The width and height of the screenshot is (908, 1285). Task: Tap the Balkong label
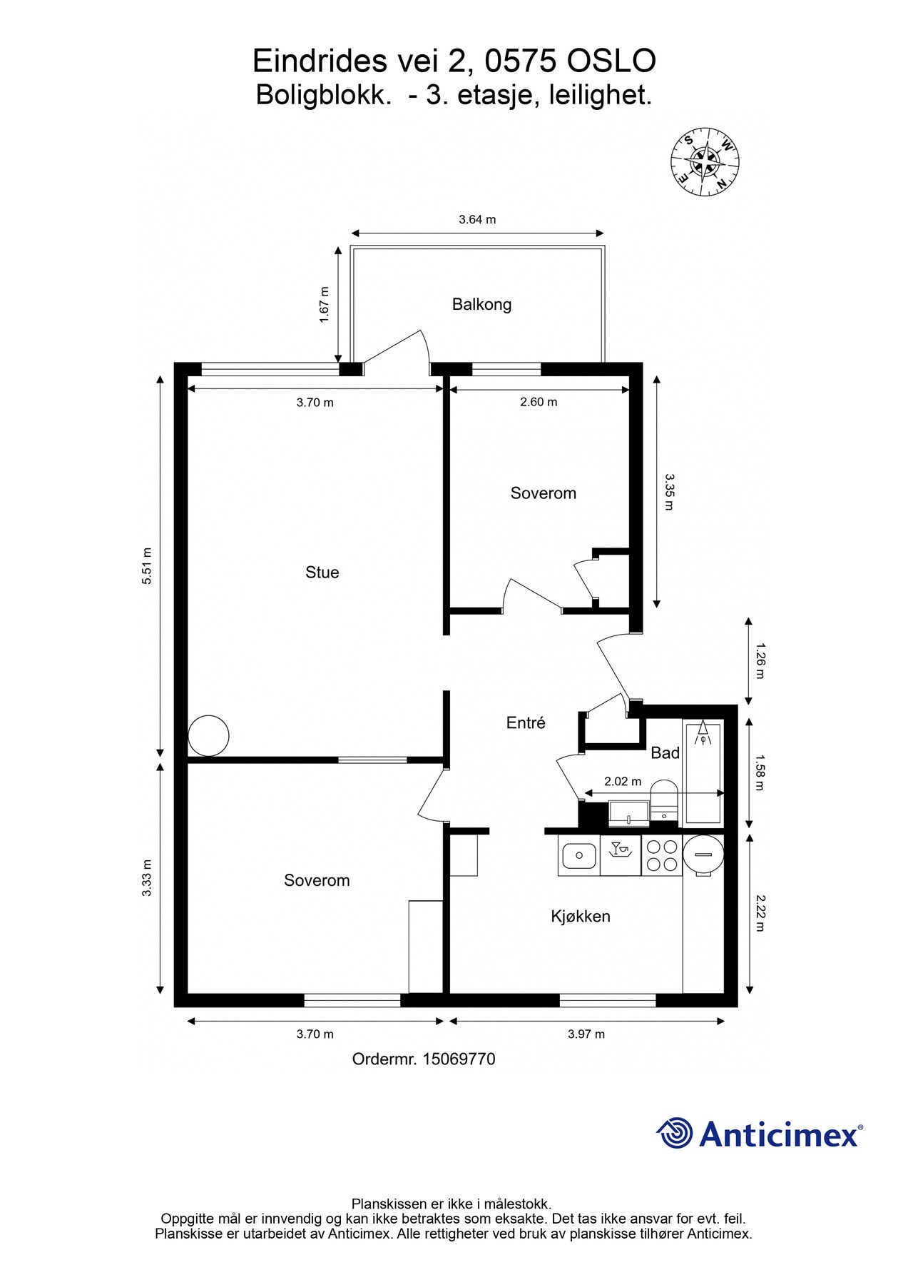(x=481, y=305)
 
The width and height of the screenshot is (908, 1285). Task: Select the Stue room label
(x=322, y=573)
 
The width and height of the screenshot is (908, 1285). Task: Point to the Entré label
(x=526, y=723)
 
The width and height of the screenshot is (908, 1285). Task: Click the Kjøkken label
(x=581, y=917)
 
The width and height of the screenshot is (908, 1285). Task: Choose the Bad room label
(x=665, y=753)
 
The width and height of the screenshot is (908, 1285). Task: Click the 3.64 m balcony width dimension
(x=477, y=220)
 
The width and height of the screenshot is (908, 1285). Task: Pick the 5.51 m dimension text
(x=147, y=566)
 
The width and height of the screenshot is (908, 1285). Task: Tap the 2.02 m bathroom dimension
(x=623, y=782)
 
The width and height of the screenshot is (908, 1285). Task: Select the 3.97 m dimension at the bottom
(x=586, y=1034)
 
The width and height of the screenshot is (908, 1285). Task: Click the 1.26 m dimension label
(x=759, y=661)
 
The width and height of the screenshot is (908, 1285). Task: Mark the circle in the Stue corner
(x=208, y=736)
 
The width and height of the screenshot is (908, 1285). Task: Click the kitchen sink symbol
(x=578, y=856)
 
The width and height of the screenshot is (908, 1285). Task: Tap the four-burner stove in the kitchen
(x=661, y=856)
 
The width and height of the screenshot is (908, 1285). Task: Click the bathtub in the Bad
(x=703, y=773)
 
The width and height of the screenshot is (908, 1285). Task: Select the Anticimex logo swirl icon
(x=675, y=1134)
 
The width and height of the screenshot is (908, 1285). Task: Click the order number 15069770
(x=459, y=1059)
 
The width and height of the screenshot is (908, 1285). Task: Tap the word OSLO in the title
(x=611, y=62)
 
